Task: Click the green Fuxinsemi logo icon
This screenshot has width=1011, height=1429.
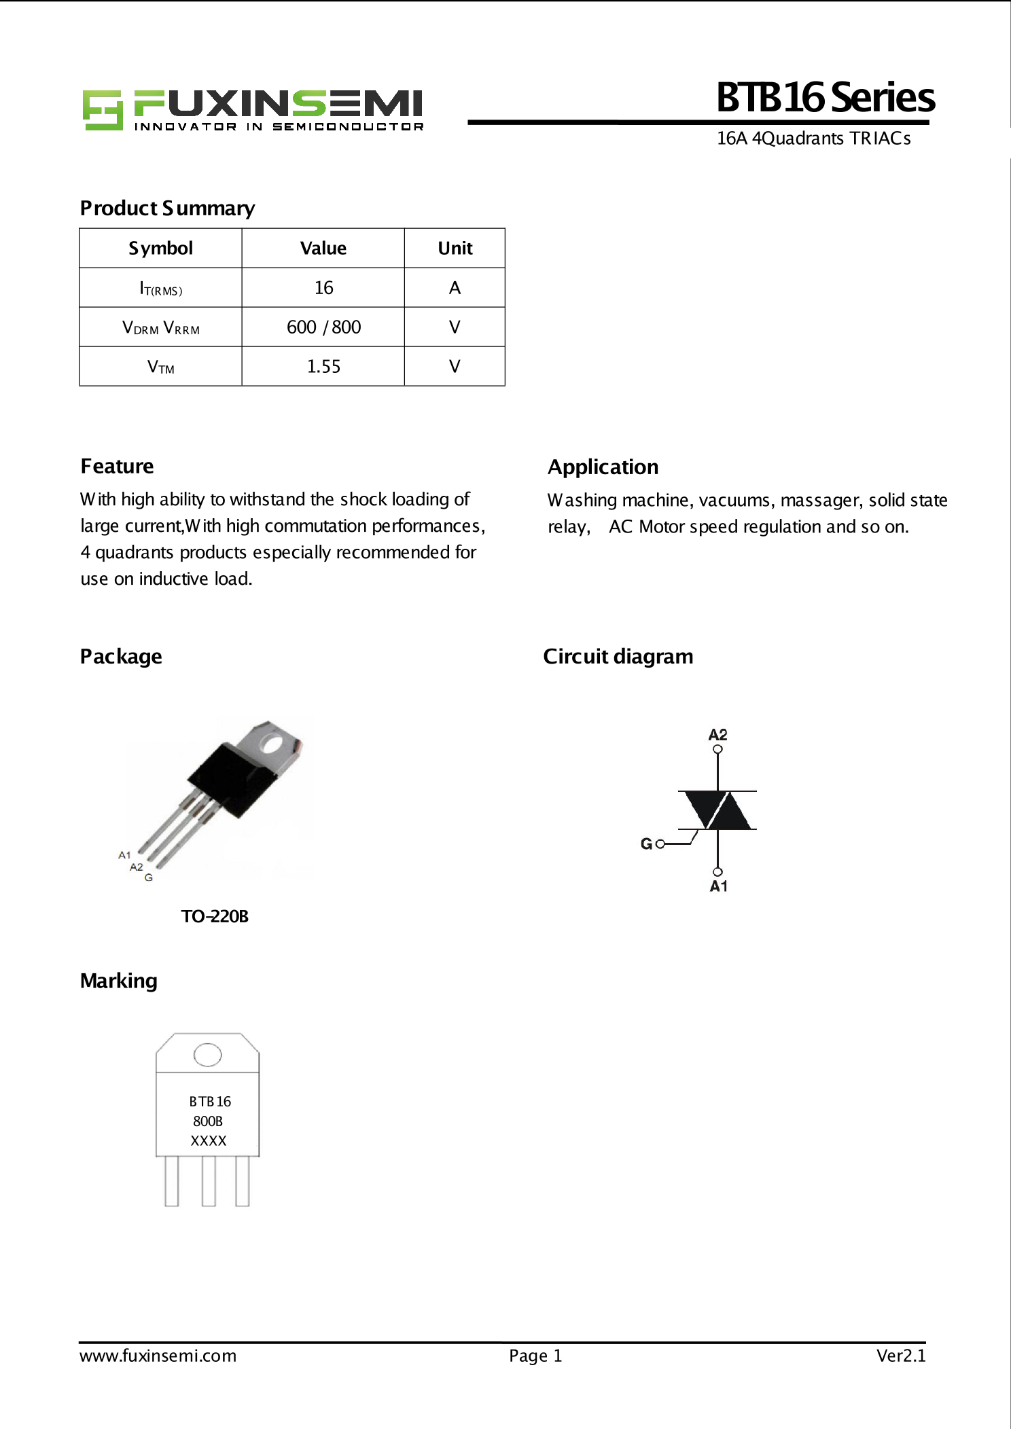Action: [102, 109]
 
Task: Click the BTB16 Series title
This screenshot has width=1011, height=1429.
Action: [825, 97]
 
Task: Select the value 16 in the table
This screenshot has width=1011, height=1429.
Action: [323, 288]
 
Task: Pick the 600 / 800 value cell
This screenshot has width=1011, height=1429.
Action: [323, 327]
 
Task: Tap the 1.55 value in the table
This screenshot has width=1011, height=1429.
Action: [323, 367]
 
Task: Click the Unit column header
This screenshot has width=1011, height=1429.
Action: [455, 249]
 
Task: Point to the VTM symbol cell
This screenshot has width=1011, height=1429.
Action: [161, 367]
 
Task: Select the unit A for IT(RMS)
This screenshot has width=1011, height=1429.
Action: [455, 288]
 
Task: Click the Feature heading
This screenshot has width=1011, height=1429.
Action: [117, 467]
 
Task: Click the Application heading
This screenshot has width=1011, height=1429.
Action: [603, 467]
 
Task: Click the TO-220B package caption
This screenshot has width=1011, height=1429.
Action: [215, 917]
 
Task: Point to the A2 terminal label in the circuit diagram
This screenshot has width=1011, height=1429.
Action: [717, 735]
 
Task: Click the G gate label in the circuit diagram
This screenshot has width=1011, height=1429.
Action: [646, 844]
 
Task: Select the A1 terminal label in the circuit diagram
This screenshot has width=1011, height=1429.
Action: [718, 886]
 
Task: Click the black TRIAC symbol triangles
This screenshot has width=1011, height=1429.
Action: [717, 810]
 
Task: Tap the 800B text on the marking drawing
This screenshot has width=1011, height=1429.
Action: [208, 1121]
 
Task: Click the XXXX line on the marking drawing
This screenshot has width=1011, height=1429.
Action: [208, 1141]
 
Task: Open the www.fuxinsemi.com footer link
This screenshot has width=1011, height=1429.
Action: [158, 1356]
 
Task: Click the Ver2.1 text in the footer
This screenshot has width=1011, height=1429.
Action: [900, 1356]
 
